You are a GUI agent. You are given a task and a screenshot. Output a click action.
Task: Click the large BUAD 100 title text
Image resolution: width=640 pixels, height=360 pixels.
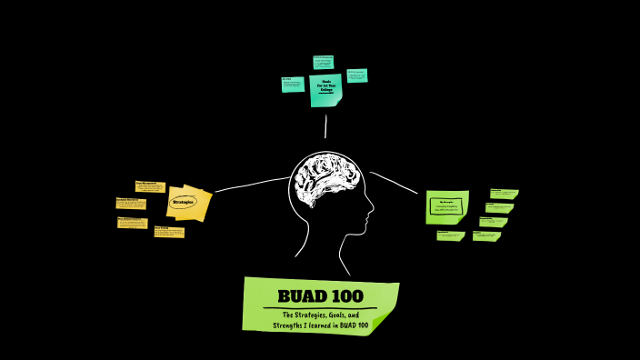tap(320, 295)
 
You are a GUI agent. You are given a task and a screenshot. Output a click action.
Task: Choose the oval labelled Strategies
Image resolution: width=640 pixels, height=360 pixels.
tap(183, 202)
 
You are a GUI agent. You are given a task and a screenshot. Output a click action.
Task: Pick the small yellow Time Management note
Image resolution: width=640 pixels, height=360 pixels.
tap(150, 185)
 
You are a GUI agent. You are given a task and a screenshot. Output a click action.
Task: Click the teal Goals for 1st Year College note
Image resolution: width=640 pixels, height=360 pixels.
tap(325, 88)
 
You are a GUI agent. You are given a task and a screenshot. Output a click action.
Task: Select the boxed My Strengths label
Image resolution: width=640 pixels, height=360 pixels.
tap(445, 205)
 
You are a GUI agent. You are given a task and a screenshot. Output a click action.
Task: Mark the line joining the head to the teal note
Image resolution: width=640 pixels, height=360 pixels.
tap(325, 127)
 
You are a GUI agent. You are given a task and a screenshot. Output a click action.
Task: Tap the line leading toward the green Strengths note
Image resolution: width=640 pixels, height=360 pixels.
tap(395, 181)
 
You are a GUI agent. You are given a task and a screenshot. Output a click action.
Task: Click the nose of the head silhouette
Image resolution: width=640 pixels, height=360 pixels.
tap(372, 215)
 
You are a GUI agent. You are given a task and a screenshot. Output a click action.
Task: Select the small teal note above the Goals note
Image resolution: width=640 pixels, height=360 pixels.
tap(324, 62)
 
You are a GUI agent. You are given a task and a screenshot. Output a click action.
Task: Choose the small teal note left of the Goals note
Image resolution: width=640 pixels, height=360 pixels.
tap(293, 84)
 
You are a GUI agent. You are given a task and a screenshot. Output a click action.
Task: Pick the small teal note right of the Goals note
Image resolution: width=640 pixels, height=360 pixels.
tap(356, 75)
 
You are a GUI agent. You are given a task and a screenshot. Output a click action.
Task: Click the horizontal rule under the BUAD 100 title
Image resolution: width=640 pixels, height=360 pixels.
tap(320, 308)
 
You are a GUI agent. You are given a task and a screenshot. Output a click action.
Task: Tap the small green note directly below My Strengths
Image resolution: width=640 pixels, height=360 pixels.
tap(449, 235)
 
